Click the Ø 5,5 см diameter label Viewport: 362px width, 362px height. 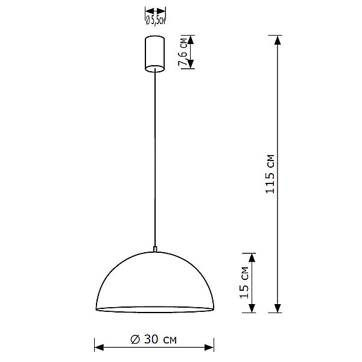[x=156, y=19]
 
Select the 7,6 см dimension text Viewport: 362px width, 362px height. [x=182, y=52]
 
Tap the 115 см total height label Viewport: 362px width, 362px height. [x=271, y=174]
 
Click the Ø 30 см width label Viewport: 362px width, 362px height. [x=154, y=339]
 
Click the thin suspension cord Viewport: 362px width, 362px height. [x=155, y=157]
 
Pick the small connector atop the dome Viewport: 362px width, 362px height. [x=155, y=248]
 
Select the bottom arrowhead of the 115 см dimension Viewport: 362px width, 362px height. [x=278, y=308]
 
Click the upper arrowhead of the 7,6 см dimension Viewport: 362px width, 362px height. [x=190, y=40]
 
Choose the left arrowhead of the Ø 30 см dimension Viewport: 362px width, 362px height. [x=99, y=348]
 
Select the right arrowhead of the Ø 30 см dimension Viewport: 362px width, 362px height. [x=211, y=348]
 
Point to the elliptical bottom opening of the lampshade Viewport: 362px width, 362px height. [x=155, y=310]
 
